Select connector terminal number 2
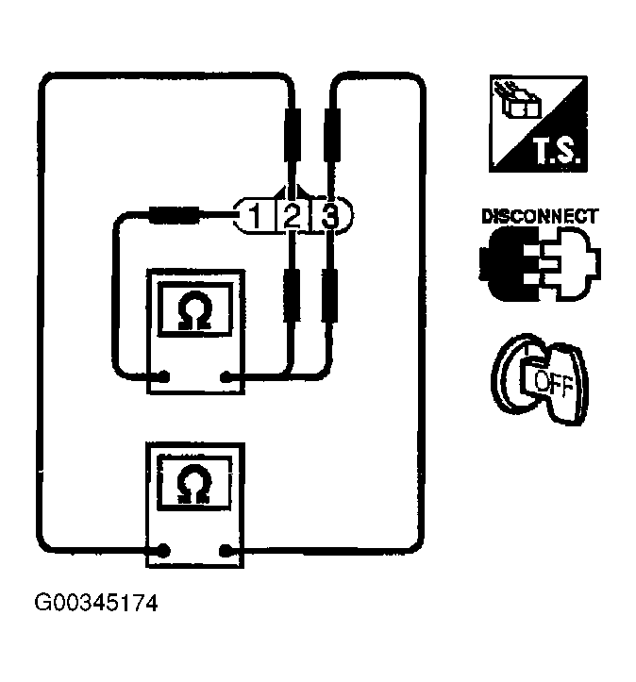tap(292, 216)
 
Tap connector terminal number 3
tap(329, 216)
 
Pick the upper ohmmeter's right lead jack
tap(226, 378)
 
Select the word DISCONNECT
tap(539, 216)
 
